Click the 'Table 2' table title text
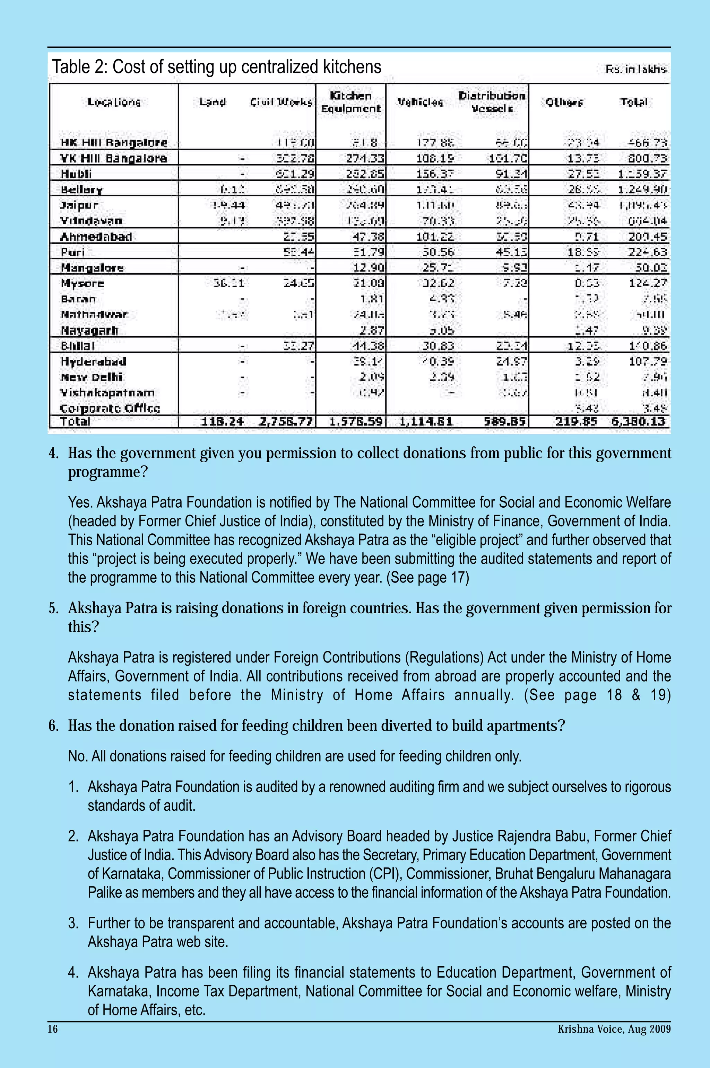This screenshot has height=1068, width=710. point(216,67)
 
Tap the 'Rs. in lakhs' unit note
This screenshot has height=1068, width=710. point(636,69)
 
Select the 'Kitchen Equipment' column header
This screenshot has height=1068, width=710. point(351,102)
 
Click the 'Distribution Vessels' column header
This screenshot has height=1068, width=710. point(492,102)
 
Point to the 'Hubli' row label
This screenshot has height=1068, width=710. point(77,174)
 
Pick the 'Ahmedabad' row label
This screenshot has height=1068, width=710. point(96,237)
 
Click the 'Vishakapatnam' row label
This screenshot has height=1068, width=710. point(107,393)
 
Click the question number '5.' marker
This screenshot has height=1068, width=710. point(53,608)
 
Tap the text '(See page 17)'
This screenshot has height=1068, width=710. point(427,578)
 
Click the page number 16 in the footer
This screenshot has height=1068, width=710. point(53,1029)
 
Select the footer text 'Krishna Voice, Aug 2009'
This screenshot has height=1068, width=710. point(614,1029)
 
